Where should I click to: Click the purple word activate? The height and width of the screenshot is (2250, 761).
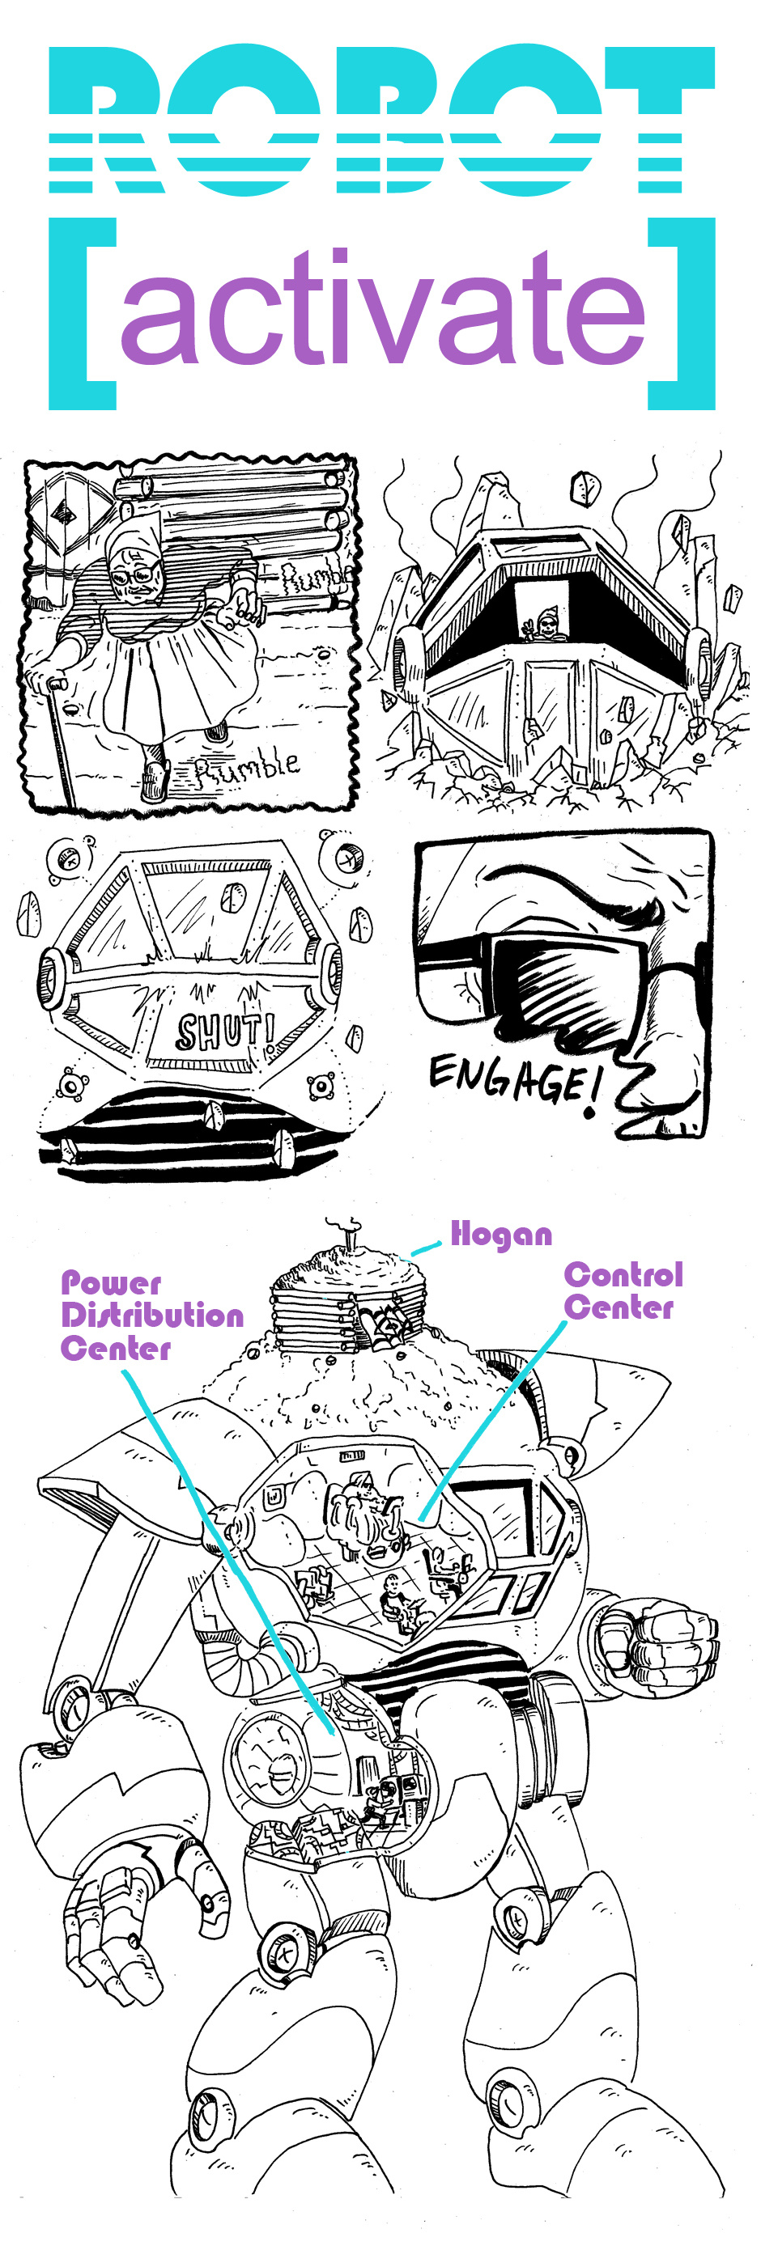383,307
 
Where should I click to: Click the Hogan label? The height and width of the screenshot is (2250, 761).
500,1234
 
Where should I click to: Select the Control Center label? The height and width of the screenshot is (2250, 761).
623,1290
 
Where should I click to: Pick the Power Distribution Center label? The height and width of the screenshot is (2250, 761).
151,1315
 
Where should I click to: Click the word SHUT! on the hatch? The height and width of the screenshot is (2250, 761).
223,1031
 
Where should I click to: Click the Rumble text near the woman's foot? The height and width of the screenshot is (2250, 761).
246,767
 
